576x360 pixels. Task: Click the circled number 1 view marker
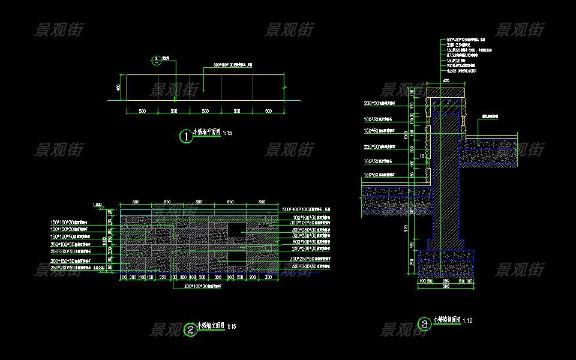[187, 137]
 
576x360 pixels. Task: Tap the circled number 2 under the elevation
[190, 329]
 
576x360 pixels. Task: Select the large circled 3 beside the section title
[425, 325]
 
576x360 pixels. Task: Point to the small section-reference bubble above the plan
[156, 59]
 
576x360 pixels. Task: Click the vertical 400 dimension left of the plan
[119, 88]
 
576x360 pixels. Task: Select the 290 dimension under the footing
[446, 280]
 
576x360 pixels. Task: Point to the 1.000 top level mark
[98, 205]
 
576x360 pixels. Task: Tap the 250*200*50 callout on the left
[71, 268]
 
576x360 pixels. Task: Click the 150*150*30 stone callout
[71, 229]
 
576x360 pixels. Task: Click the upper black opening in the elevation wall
[236, 229]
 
